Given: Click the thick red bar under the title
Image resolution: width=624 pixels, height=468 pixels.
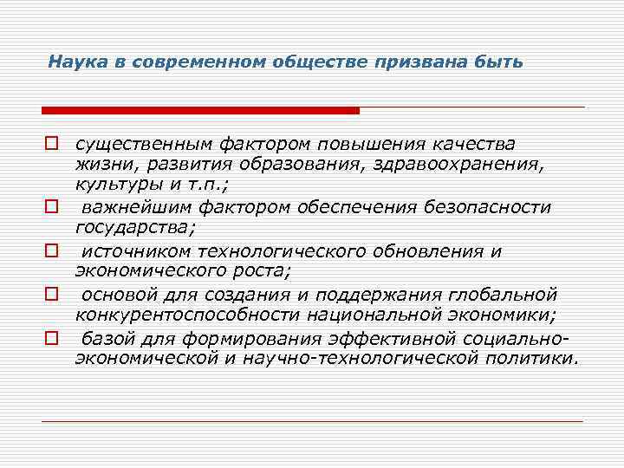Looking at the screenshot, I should pos(200,110).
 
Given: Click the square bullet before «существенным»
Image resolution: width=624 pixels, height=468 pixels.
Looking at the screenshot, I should pos(52,142).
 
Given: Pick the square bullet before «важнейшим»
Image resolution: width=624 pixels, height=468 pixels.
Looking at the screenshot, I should pos(52,207).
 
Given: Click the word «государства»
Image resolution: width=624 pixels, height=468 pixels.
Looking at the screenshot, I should pos(135,228).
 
